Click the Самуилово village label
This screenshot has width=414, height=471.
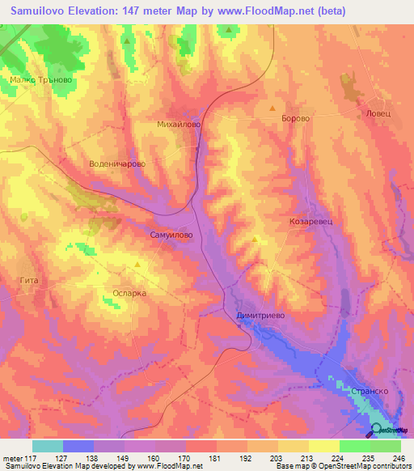(171, 234)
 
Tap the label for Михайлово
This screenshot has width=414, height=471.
(178, 125)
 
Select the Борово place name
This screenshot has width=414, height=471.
(294, 118)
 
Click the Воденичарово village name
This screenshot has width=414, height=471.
(117, 163)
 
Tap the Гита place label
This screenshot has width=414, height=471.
(28, 280)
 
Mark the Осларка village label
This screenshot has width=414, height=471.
(129, 293)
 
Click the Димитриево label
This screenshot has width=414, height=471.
(261, 316)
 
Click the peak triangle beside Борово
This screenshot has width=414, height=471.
(272, 108)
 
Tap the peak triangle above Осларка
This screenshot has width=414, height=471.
(138, 265)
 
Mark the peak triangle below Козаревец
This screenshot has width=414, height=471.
(256, 239)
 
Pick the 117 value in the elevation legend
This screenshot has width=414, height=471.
(30, 458)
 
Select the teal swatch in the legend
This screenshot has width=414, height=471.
(48, 446)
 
